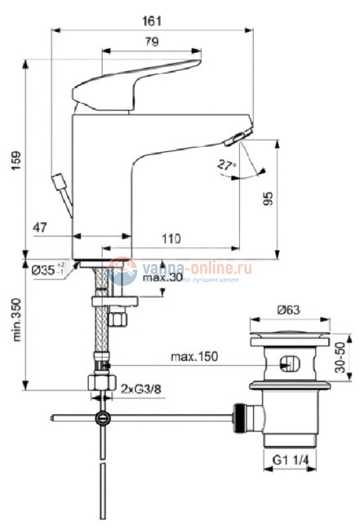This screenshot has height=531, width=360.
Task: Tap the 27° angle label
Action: pos(226,164)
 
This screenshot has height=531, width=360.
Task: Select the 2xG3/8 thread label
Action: pos(140,390)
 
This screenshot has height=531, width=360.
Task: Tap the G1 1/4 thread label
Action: pos(290,462)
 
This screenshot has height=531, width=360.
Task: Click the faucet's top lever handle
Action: pos(139,82)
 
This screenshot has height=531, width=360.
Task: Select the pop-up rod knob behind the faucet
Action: pos(59,181)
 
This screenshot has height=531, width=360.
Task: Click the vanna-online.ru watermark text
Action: pos(197,266)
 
